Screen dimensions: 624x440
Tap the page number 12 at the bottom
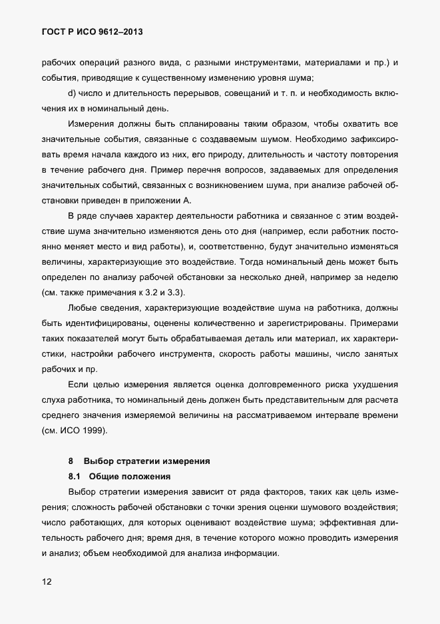(47, 581)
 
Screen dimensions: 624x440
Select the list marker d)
(73, 93)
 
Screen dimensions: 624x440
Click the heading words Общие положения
(130, 476)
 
